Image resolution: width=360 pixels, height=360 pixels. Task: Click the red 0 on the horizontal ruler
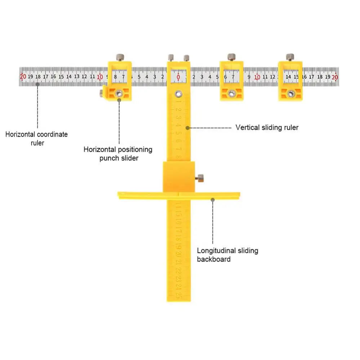click(178, 76)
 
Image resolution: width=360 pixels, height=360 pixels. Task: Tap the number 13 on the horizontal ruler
click(77, 76)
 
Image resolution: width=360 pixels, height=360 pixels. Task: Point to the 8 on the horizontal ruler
click(115, 76)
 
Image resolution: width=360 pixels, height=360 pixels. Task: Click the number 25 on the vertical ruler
click(178, 295)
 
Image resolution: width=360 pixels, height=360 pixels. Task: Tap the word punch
click(109, 158)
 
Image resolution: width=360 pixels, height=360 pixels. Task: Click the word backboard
click(214, 259)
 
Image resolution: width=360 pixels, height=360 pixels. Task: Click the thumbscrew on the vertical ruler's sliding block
click(199, 178)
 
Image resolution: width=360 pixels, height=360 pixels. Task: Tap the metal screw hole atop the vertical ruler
click(178, 94)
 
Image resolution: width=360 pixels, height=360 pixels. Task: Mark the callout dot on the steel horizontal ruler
click(37, 84)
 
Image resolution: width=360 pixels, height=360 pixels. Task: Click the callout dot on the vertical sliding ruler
click(187, 127)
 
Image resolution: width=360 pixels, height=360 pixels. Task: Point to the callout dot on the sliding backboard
click(213, 199)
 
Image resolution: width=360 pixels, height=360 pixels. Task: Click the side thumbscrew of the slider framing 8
click(102, 93)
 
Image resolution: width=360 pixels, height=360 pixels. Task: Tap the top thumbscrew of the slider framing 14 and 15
click(290, 57)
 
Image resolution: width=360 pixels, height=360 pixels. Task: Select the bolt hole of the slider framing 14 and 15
click(290, 94)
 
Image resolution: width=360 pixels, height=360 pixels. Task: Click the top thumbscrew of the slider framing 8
click(119, 57)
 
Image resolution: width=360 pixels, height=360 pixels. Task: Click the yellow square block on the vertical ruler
click(179, 177)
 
